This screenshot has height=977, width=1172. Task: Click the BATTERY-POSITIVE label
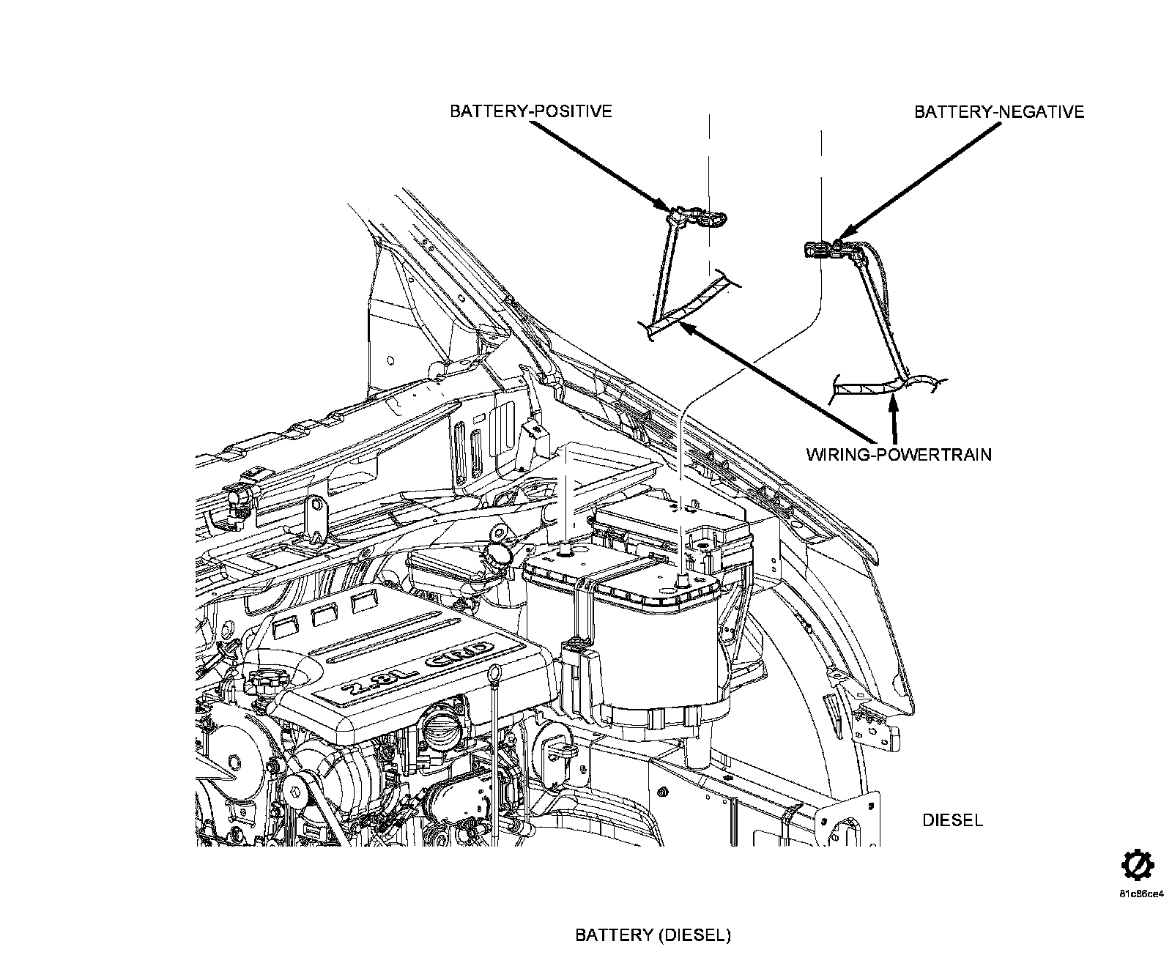(x=530, y=111)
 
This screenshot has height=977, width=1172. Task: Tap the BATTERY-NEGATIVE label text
(x=999, y=111)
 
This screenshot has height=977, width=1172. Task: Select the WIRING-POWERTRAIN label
(x=899, y=454)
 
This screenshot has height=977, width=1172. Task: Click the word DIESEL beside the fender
(x=952, y=820)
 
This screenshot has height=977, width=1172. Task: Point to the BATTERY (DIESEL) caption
(x=653, y=935)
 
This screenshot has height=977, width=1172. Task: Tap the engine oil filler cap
(x=262, y=681)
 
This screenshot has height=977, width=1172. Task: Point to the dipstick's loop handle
(x=496, y=671)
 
